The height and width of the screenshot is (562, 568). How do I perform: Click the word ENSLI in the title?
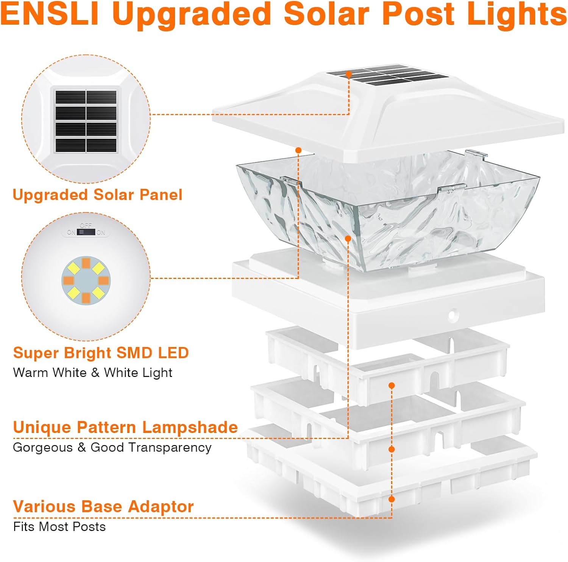point(50,14)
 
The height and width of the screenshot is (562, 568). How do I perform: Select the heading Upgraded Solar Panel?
point(97,195)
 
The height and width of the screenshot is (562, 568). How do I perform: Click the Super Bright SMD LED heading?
point(101,353)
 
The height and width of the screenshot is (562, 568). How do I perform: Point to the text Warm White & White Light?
point(93,373)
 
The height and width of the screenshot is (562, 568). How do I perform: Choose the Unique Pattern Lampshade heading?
point(125,428)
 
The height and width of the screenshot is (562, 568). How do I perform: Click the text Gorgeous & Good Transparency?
point(112,447)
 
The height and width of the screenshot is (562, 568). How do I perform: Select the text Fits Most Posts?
point(59,527)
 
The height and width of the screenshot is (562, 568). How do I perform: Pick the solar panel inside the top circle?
point(86,121)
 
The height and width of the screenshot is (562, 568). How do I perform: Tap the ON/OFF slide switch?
point(86,232)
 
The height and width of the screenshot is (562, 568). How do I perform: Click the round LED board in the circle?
point(86,280)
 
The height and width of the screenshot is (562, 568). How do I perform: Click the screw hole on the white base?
point(452,315)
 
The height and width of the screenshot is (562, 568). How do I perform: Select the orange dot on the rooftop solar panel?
point(348,75)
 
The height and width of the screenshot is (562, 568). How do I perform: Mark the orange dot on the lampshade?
point(348,238)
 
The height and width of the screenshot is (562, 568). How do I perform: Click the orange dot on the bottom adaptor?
point(392,500)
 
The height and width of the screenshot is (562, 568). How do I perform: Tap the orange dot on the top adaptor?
point(392,385)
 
